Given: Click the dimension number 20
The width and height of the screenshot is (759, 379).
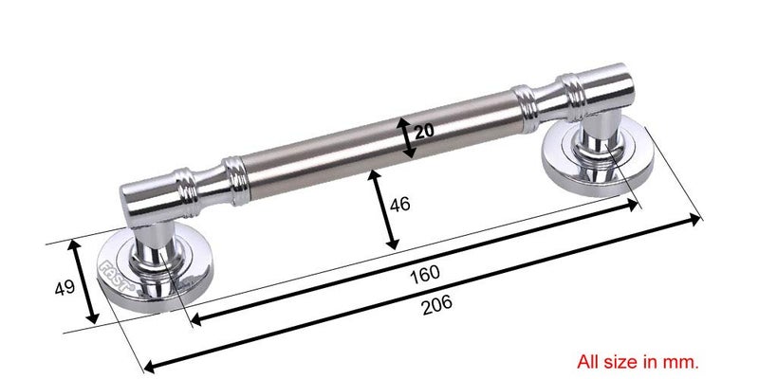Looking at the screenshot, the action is click(x=424, y=131).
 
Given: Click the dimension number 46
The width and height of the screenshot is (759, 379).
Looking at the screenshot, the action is click(x=399, y=205).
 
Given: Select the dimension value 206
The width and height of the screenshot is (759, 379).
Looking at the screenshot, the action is click(x=436, y=305).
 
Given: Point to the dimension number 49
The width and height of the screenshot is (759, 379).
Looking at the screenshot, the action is click(x=65, y=288).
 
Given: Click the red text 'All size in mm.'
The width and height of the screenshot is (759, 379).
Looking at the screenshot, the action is click(x=638, y=361).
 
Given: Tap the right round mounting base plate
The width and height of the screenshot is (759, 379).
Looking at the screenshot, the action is click(x=598, y=154).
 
